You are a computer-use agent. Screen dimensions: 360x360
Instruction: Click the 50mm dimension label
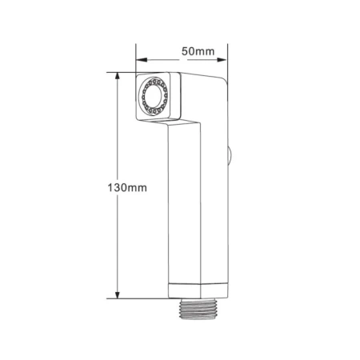pyautogui.click(x=198, y=51)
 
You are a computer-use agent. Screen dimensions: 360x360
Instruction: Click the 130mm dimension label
pyautogui.click(x=127, y=188)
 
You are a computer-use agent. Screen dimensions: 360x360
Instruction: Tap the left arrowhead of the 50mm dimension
pyautogui.click(x=142, y=60)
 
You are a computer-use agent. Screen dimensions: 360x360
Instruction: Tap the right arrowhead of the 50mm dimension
pyautogui.click(x=222, y=60)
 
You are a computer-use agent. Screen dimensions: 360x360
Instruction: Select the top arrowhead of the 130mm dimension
pyautogui.click(x=117, y=78)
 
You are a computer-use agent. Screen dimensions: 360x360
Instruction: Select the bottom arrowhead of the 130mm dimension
pyautogui.click(x=117, y=294)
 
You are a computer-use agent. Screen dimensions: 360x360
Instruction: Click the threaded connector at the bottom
pyautogui.click(x=198, y=309)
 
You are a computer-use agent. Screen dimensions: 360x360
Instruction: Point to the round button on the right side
pyautogui.click(x=230, y=154)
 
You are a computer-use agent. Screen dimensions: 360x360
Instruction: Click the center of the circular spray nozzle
pyautogui.click(x=153, y=96)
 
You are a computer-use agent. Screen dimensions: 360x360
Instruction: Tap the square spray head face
pyautogui.click(x=153, y=96)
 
